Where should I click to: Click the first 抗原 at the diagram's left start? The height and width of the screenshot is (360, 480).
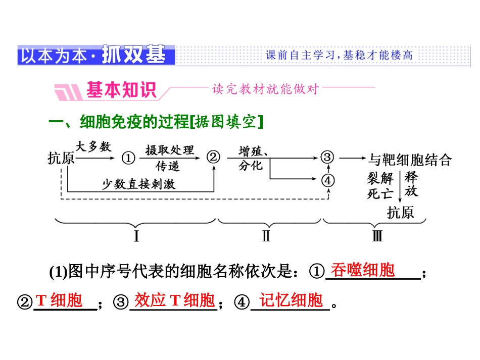pos(61,159)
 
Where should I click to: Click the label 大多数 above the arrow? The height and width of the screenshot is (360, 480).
pos(93,147)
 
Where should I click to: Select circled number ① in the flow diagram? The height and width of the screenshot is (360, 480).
pos(128,159)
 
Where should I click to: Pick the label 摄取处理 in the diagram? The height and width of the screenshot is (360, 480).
pos(169,150)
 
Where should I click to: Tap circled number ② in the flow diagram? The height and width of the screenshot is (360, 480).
pos(214,158)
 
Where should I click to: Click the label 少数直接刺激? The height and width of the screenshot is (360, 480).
pos(139,184)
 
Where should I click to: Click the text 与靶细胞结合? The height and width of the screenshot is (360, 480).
pos(409,160)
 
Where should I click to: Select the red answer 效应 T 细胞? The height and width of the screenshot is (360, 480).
pos(174,300)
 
